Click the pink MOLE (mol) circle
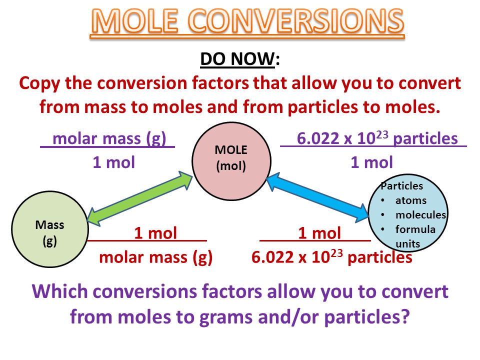tap(231, 161)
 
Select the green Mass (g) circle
tap(50, 229)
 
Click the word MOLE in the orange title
tap(134, 21)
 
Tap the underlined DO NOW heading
tap(237, 58)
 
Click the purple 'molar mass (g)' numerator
tap(109, 138)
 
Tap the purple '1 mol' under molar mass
tap(114, 162)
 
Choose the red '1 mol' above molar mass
tap(155, 233)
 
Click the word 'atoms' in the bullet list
tap(411, 200)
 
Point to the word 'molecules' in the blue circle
tap(420, 215)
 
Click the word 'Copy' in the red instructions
tap(40, 83)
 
